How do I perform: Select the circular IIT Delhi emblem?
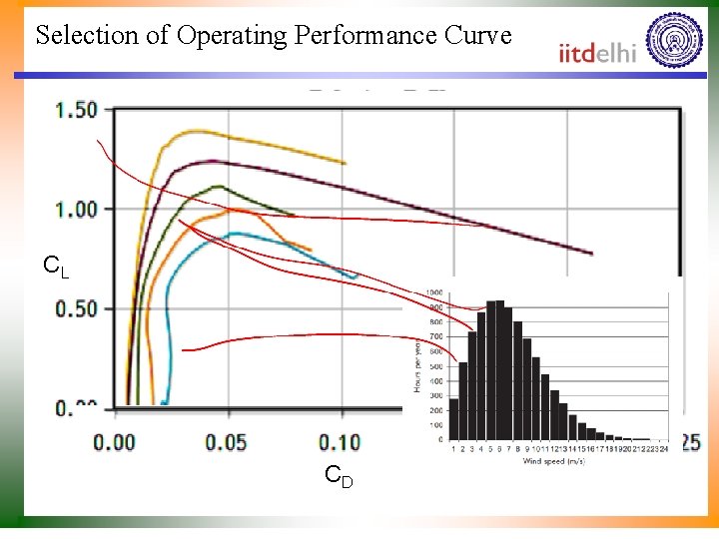[674, 40]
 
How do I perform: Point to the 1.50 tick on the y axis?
[76, 109]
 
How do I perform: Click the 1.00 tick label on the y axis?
[76, 209]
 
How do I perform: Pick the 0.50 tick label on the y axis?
[76, 308]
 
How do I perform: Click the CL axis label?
[56, 267]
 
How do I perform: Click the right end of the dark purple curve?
[592, 254]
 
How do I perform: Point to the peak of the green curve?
[217, 186]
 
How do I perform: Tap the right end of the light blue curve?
[357, 275]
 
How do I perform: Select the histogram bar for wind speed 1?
[454, 419]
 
